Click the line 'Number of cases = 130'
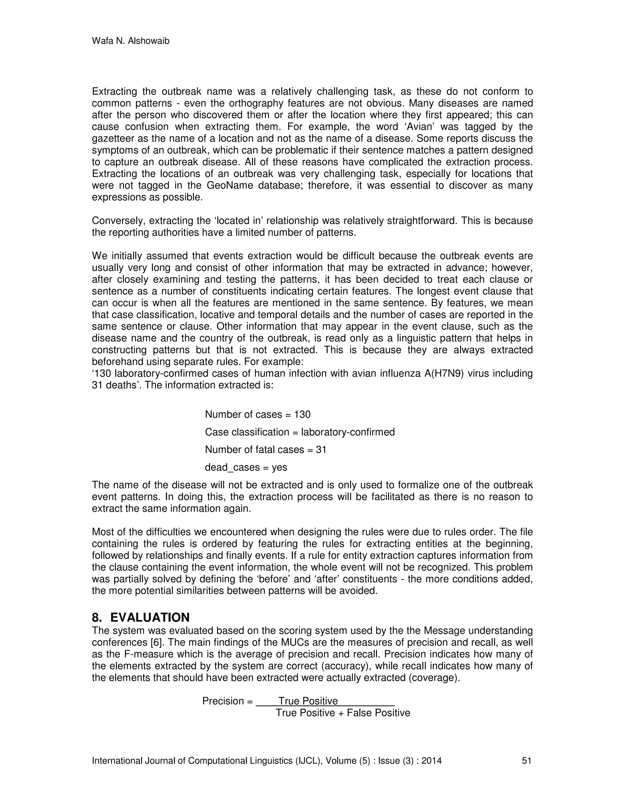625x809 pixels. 258,415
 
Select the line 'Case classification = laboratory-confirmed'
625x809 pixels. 300,432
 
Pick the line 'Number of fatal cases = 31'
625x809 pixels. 266,450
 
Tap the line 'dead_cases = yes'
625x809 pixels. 246,467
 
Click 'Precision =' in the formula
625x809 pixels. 227,701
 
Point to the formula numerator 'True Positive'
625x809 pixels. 308,701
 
